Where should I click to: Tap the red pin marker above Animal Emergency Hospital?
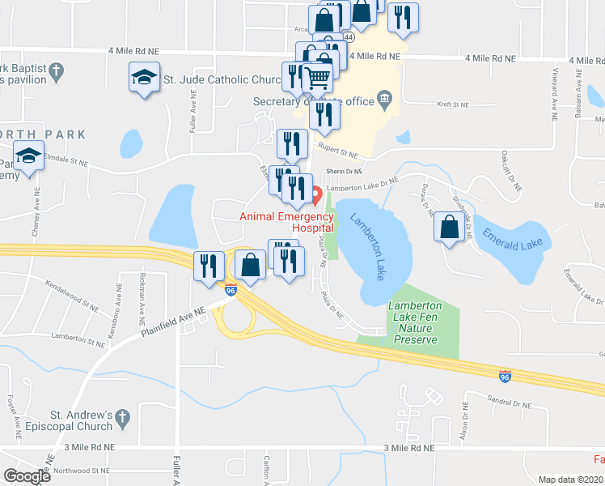point(316,195)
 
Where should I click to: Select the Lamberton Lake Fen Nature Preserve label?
point(416,322)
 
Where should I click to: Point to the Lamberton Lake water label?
point(368,247)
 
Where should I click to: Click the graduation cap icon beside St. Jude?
point(144,78)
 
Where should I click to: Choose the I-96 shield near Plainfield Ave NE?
point(231,290)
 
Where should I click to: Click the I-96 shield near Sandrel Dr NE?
point(505,376)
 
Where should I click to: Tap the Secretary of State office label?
point(313,101)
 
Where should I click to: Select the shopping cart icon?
point(318,79)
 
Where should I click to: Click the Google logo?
point(27,476)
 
